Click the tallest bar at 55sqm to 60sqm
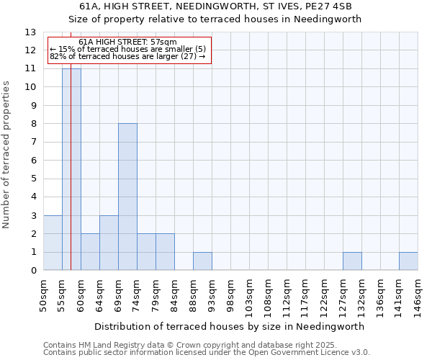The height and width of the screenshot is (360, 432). pos(71,169)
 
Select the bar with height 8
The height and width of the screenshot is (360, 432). pos(127,197)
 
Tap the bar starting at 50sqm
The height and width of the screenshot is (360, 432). pos(53,243)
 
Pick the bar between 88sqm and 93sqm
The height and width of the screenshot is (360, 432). pos(202,261)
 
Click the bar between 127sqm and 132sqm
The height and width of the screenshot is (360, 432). pos(352,261)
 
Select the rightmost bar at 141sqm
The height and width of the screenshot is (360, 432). pos(408,261)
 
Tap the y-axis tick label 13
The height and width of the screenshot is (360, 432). pos(30,32)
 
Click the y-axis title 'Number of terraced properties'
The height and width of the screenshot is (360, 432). pos(7,155)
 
